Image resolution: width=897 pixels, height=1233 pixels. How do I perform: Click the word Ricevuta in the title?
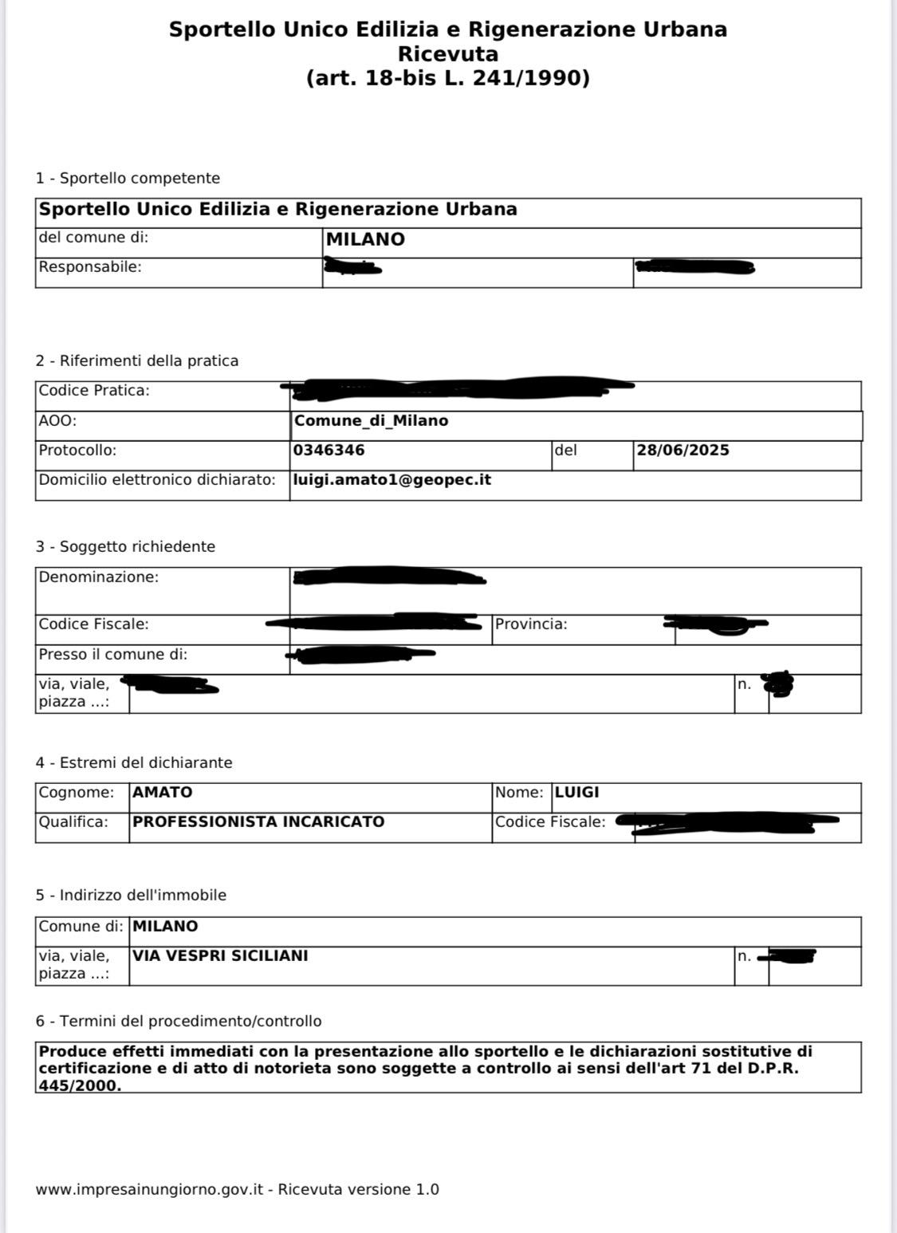(448, 54)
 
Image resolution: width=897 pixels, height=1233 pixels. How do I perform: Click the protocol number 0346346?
(329, 450)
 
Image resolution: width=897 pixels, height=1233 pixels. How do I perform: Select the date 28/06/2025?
(683, 450)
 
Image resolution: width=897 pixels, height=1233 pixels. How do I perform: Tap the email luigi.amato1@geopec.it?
(392, 479)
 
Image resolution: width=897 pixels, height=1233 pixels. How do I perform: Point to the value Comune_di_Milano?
(371, 420)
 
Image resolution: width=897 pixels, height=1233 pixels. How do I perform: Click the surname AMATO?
(163, 792)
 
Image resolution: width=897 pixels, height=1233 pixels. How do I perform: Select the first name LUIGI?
(576, 792)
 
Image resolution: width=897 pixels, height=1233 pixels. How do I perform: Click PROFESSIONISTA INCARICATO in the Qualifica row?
(258, 821)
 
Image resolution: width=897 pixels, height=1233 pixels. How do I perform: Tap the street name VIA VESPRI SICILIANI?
(220, 955)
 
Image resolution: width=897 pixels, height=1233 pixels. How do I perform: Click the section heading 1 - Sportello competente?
(128, 178)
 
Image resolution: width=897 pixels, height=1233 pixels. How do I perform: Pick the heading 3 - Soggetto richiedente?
(125, 546)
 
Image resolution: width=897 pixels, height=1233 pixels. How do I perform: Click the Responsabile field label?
(90, 266)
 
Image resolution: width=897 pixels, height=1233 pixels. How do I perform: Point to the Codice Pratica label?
(94, 390)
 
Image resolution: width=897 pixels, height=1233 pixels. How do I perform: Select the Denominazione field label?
(99, 577)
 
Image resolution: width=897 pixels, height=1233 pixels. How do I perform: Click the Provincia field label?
(531, 624)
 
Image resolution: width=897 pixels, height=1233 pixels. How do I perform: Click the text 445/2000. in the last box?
(80, 1085)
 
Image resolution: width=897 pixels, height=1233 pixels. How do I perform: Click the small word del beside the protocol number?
(565, 450)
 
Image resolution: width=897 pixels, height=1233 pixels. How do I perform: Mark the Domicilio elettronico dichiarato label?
(157, 479)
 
